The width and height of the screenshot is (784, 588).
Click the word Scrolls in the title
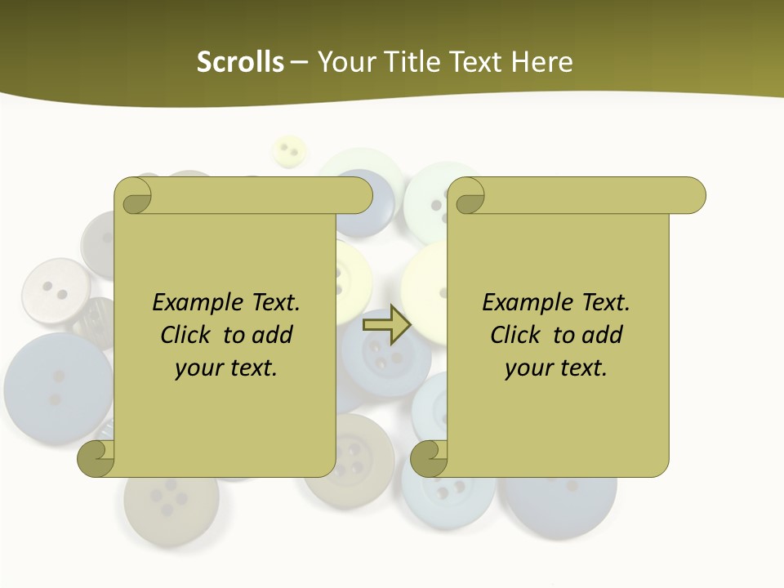coord(241,62)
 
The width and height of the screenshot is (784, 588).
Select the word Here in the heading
coord(542,62)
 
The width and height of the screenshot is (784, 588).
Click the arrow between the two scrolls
coord(386,324)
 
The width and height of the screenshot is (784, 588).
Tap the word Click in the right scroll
coord(516,335)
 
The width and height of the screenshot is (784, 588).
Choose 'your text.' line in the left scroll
coord(226,368)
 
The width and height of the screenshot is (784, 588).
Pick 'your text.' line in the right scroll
coord(556,368)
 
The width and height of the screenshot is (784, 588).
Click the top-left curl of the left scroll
coord(136,197)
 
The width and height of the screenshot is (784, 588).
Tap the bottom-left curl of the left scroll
coord(95,459)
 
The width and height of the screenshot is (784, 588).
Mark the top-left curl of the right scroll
coord(469,197)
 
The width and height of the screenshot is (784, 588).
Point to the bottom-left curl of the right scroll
coord(428,459)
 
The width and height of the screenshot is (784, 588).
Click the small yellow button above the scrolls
coord(288,150)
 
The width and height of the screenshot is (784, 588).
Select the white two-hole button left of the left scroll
coord(55,289)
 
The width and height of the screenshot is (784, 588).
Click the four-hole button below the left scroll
coord(171,498)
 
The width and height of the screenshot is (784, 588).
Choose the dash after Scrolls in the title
coord(299,62)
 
